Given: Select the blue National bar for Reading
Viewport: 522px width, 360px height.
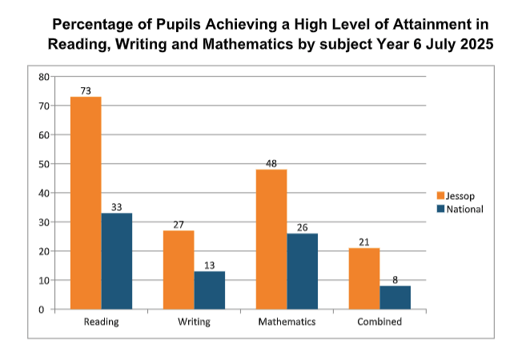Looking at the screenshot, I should click(117, 261).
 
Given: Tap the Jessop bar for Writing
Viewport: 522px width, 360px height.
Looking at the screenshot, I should click(179, 270).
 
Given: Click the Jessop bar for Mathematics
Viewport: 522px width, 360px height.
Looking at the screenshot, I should click(271, 239).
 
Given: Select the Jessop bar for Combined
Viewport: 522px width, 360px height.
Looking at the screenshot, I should click(364, 278).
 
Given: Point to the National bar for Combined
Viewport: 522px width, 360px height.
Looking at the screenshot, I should click(396, 298).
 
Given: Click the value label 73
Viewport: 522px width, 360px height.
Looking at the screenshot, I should click(86, 90).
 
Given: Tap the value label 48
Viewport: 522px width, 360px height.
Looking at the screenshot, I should click(271, 163).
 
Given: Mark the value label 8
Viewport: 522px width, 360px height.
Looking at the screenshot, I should click(396, 280).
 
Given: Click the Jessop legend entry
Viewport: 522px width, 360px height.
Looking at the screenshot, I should click(457, 195).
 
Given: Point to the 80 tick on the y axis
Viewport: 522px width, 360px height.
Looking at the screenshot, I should click(43, 77).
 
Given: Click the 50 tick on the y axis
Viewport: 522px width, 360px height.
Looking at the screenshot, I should click(43, 164).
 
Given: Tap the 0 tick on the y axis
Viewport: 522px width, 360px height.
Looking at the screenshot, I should click(46, 310).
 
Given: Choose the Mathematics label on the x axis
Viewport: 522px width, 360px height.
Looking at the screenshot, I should click(287, 322).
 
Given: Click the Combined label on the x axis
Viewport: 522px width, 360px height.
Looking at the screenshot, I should click(379, 322).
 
